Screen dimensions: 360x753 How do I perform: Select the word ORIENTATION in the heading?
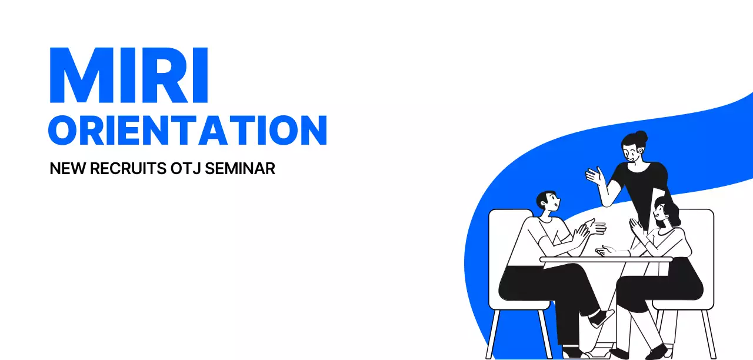(x=187, y=130)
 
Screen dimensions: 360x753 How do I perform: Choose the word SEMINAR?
(x=242, y=169)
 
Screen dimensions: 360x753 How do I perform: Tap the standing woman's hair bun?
(x=641, y=136)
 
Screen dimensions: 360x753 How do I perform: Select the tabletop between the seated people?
(x=606, y=259)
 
